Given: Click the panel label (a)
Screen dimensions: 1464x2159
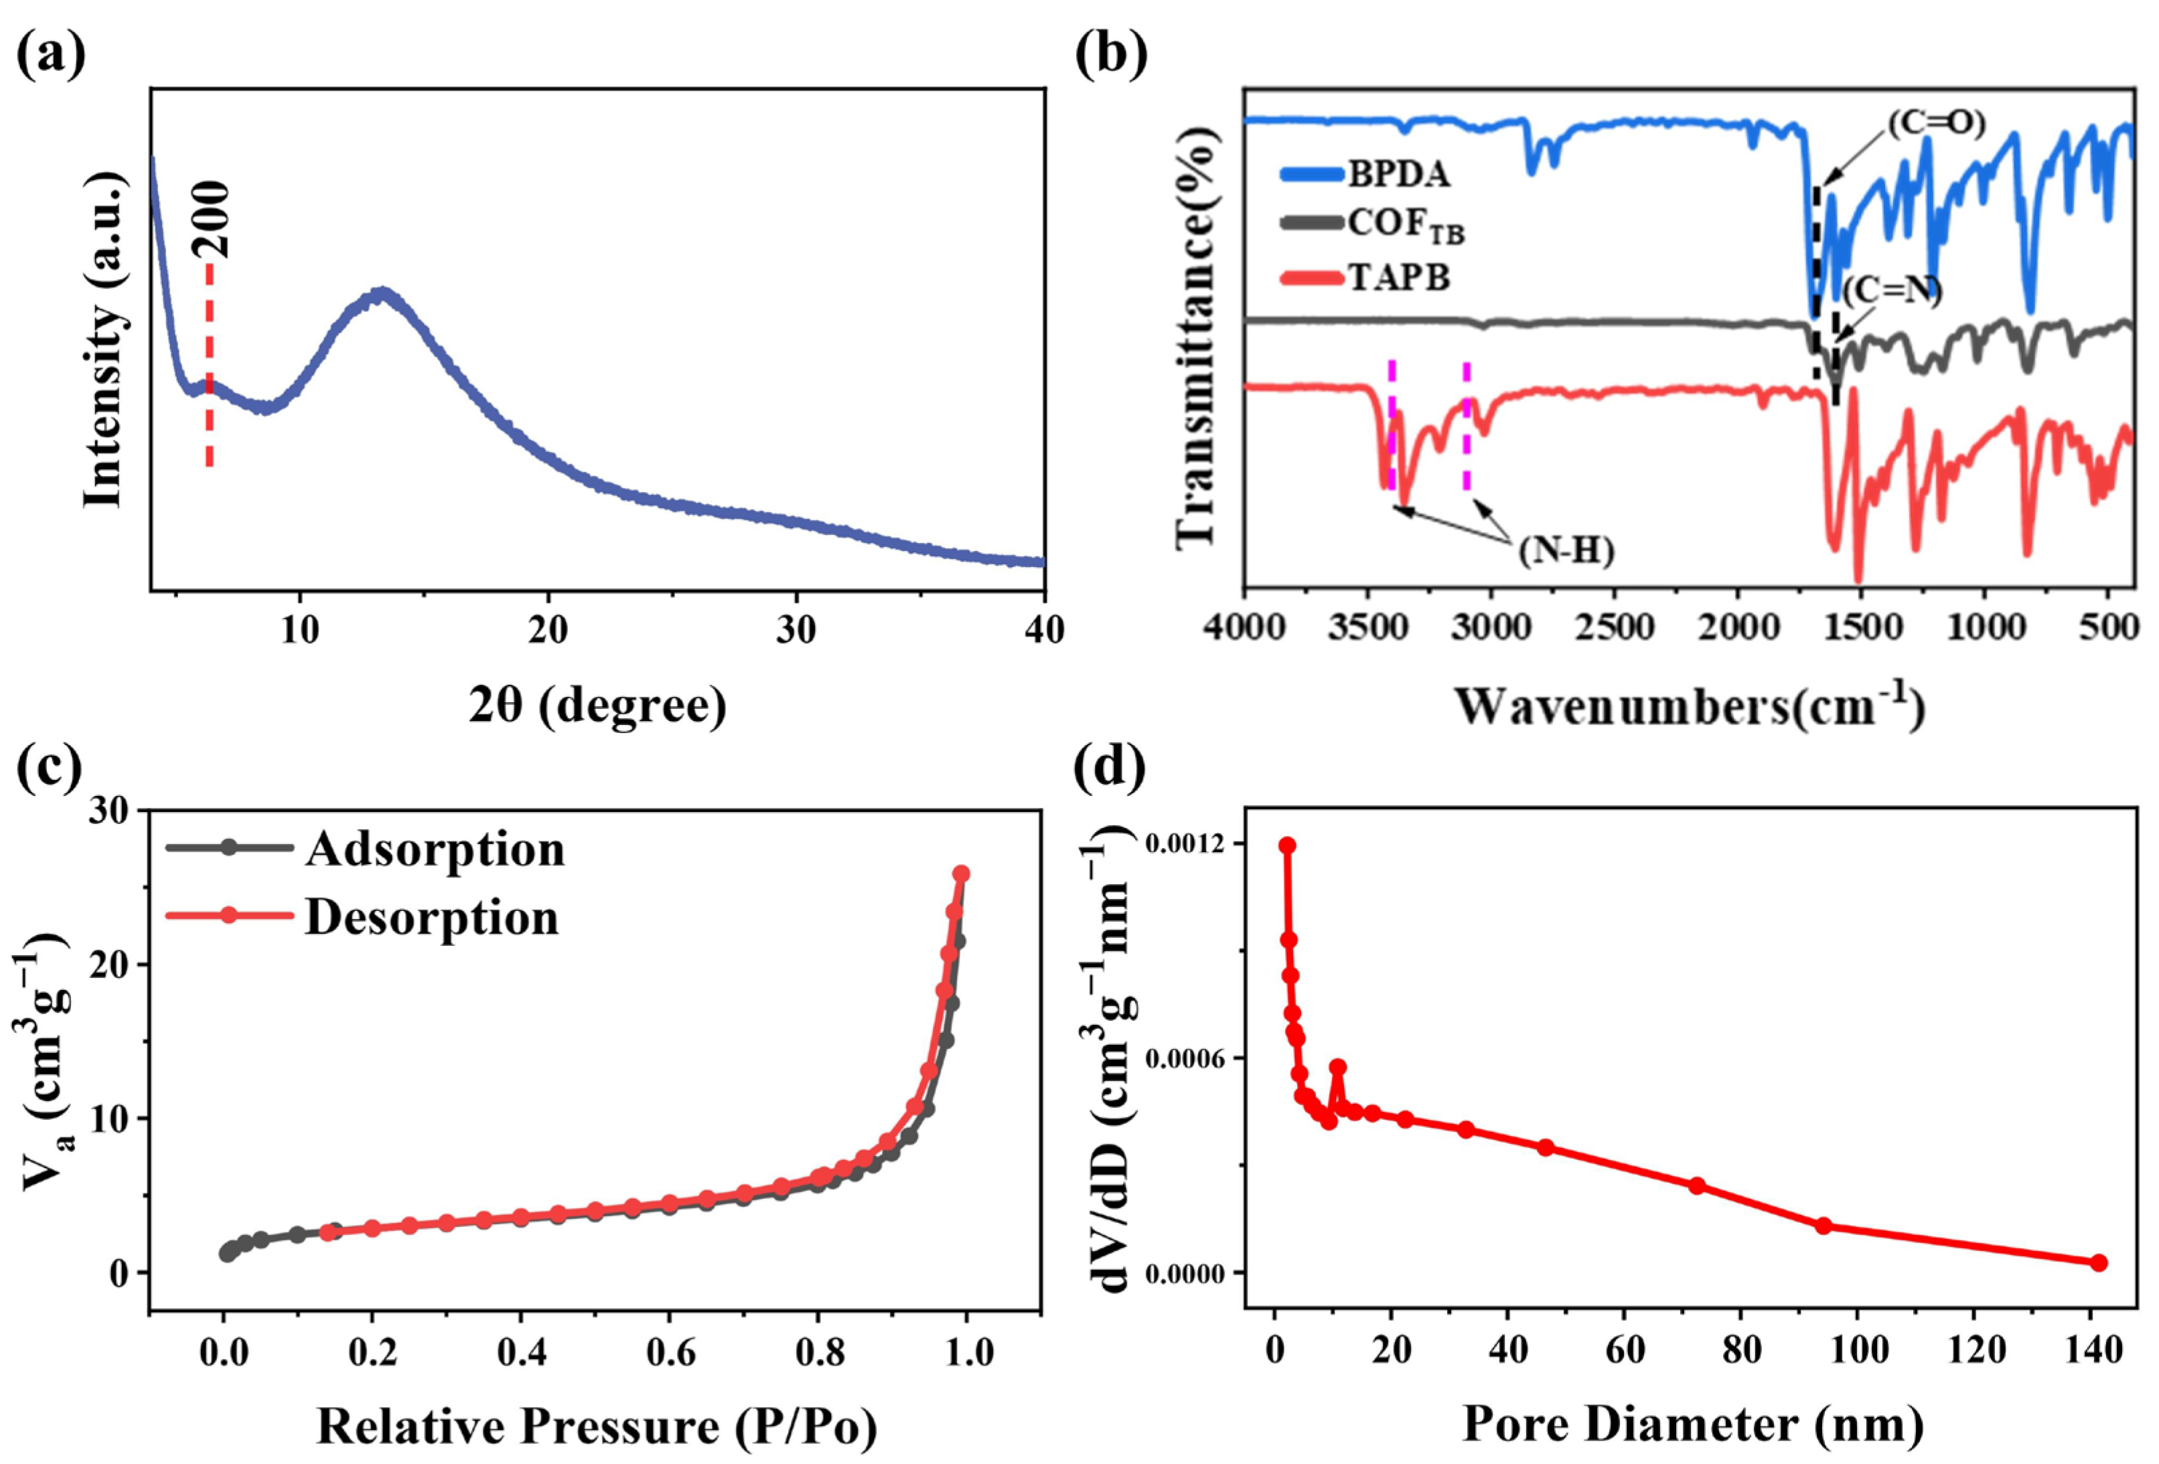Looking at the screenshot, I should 51,54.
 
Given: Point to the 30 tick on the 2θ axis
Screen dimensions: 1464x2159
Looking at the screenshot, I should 796,631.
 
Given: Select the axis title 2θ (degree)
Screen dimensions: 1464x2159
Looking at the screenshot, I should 597,706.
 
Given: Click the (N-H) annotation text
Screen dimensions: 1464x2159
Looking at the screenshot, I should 1567,552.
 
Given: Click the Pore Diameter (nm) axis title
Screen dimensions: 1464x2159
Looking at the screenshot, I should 1692,1424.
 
